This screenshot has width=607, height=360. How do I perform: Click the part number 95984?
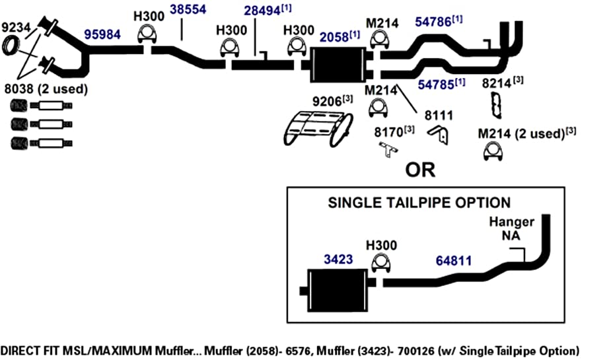coord(102,34)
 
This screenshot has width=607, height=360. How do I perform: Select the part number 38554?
coord(188,9)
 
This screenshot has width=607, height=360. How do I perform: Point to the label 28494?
coord(262,11)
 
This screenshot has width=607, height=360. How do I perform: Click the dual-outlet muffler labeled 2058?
coord(338,65)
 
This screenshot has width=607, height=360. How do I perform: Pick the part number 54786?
coord(433,22)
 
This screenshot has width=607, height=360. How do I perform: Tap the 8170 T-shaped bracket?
coord(388,149)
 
